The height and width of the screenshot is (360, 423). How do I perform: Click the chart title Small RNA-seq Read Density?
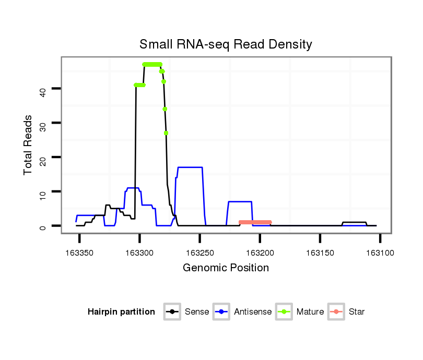(226, 44)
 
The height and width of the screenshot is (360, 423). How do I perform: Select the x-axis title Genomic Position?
(226, 268)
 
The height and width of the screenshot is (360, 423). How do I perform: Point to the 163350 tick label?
(79, 253)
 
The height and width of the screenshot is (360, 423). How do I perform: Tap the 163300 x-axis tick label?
(139, 253)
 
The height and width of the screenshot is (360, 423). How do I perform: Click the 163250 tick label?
(199, 253)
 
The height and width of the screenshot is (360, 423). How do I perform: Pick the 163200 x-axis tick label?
(260, 253)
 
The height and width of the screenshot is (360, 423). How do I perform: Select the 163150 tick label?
(320, 253)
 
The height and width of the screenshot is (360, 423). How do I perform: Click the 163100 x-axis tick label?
(380, 253)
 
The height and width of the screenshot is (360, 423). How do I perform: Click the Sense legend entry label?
(197, 312)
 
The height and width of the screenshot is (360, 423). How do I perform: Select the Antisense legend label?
(253, 312)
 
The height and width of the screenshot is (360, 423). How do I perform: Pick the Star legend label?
(357, 312)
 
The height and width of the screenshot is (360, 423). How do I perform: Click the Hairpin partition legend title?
(121, 312)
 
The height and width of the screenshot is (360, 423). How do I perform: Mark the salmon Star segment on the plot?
(255, 222)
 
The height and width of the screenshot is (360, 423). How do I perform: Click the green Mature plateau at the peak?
(152, 64)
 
